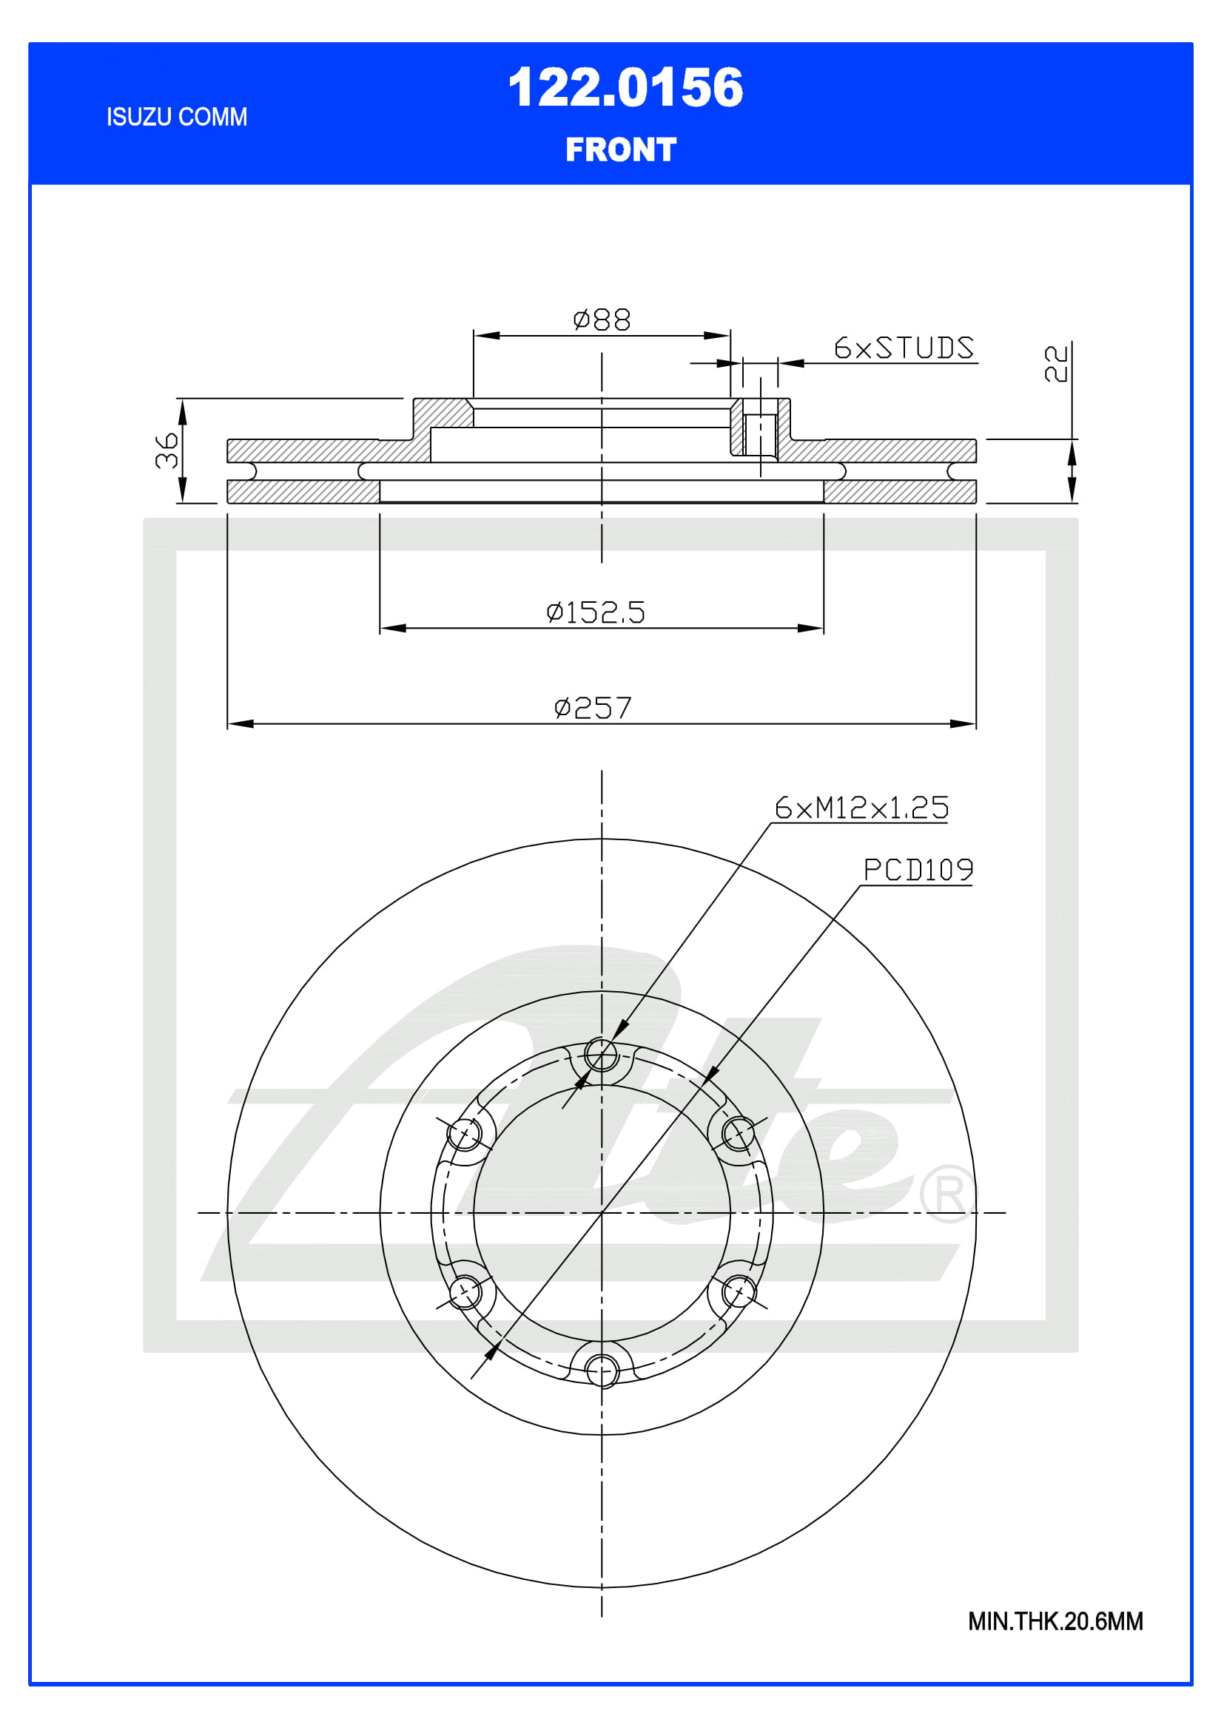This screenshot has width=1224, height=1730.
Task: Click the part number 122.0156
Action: click(x=625, y=87)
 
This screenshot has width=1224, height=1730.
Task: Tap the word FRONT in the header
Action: click(x=621, y=149)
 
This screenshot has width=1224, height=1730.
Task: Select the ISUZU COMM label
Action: click(x=176, y=117)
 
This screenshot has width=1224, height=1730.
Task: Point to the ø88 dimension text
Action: click(x=602, y=320)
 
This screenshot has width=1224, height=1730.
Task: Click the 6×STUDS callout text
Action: click(x=904, y=348)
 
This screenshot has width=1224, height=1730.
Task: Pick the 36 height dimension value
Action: click(x=167, y=450)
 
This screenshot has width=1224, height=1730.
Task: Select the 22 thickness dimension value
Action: click(x=1056, y=364)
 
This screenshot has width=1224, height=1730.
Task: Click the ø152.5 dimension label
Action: click(x=596, y=612)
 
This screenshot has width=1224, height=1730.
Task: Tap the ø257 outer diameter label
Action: click(x=593, y=708)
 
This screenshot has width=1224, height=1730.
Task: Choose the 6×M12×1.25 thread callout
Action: click(x=861, y=808)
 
